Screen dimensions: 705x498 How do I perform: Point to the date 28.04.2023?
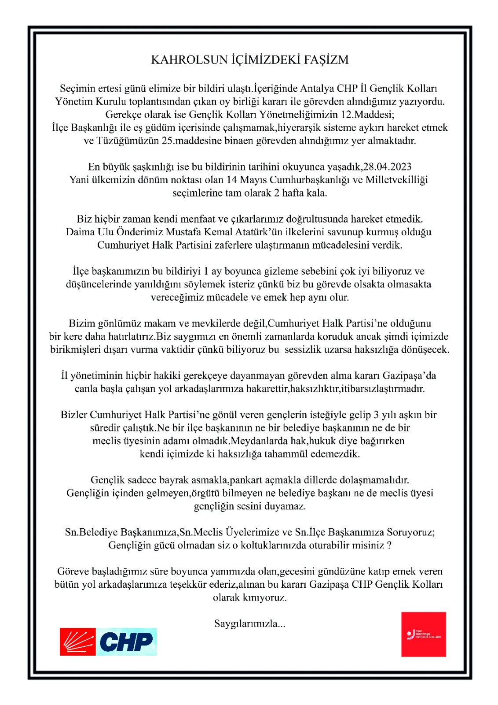click(x=387, y=167)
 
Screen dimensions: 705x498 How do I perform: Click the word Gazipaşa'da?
click(x=409, y=375)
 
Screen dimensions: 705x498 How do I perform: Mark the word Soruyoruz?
click(x=410, y=532)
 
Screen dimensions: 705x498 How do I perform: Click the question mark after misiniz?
click(x=389, y=545)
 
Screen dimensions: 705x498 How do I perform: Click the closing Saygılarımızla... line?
click(x=249, y=623)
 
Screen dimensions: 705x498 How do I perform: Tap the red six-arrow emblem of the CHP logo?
click(x=78, y=642)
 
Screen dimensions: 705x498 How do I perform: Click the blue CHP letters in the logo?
click(x=126, y=642)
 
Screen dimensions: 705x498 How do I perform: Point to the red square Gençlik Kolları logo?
click(x=423, y=634)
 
